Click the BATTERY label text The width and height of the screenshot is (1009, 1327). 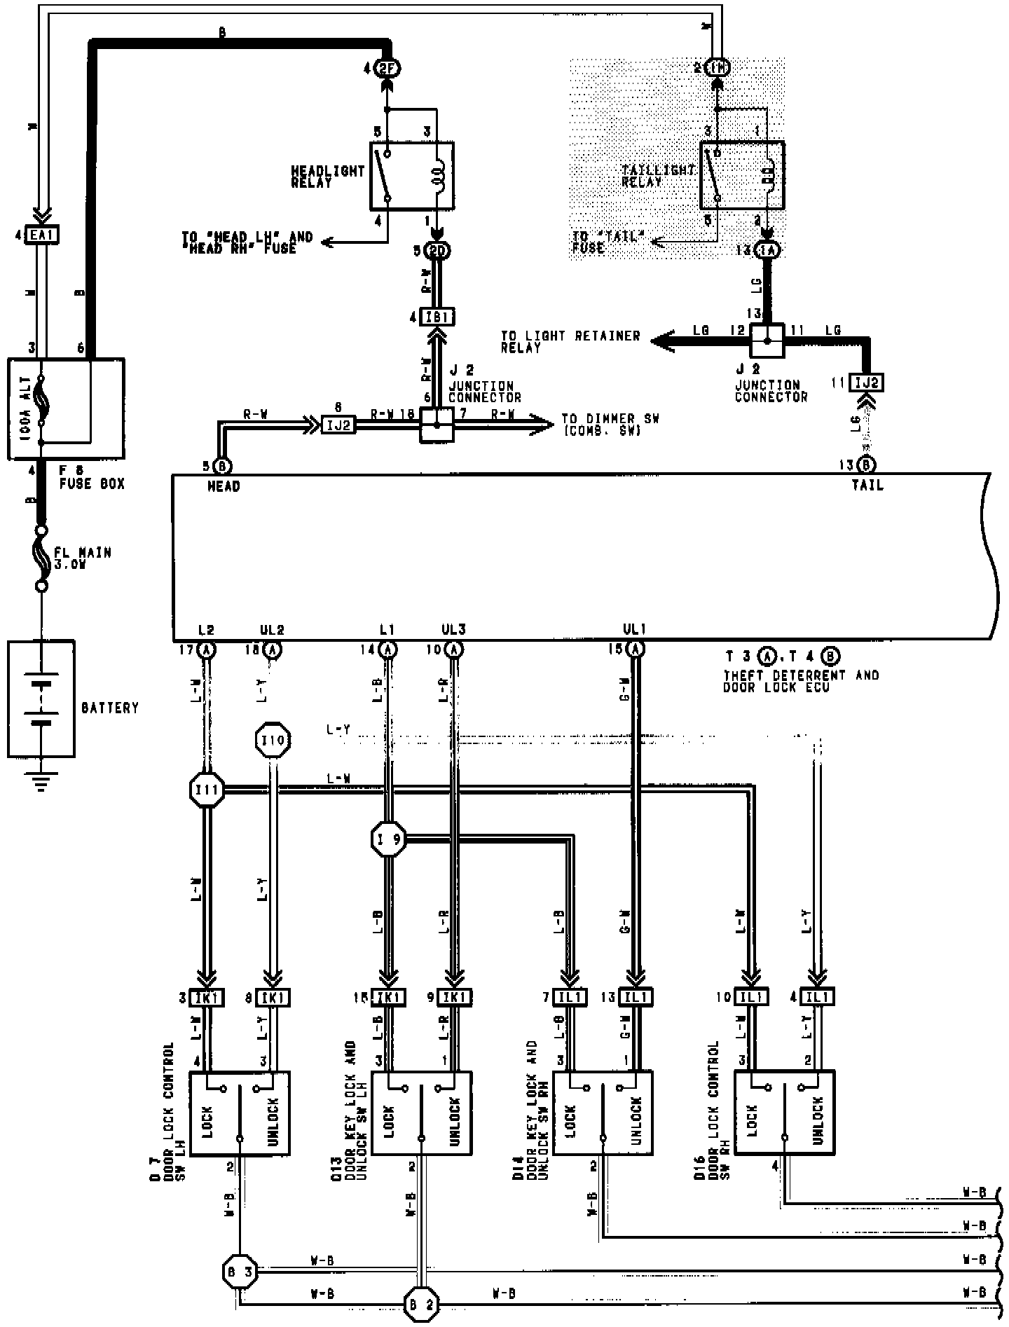(x=110, y=708)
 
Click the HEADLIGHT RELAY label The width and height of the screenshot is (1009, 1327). (x=328, y=177)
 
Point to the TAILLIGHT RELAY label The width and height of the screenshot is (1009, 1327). (x=658, y=176)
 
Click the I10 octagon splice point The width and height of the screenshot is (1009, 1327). (x=273, y=740)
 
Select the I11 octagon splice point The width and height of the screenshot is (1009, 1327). (x=207, y=791)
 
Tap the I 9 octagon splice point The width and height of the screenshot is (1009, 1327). (x=388, y=839)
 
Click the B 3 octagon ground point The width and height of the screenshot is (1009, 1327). (x=240, y=1271)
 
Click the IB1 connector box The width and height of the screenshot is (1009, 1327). (x=437, y=317)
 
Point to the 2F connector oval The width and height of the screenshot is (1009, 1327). (x=387, y=69)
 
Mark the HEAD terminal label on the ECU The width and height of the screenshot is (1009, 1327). (x=224, y=486)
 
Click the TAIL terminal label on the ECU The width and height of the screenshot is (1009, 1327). (x=867, y=485)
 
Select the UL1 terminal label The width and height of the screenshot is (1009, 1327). (x=635, y=630)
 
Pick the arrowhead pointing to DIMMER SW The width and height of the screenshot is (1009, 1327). (x=543, y=423)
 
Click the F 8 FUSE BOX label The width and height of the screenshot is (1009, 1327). (x=91, y=478)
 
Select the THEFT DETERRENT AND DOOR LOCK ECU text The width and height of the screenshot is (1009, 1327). (x=800, y=681)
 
